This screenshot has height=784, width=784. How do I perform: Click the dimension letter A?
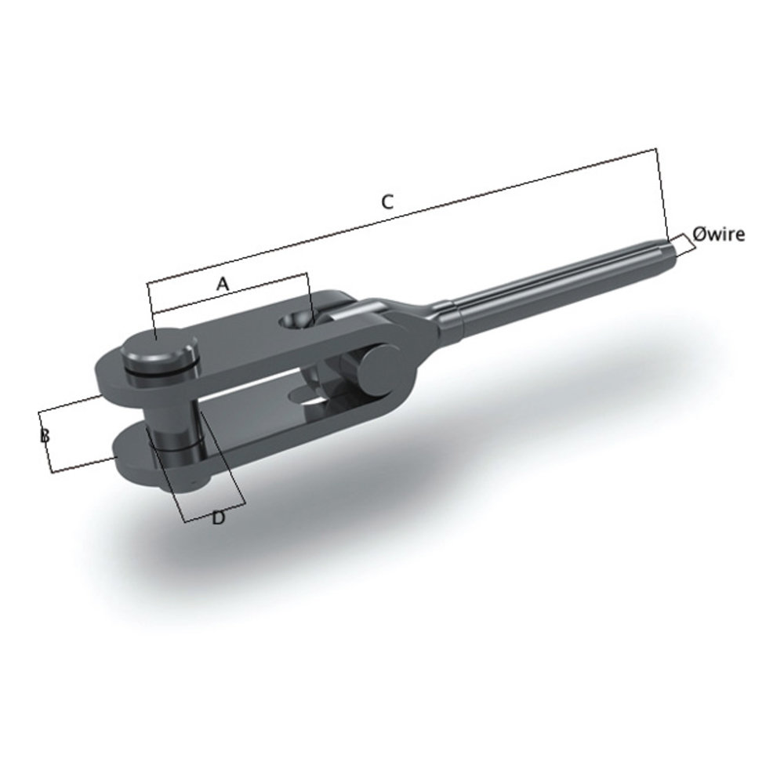point(223,285)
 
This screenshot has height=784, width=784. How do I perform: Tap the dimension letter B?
point(45,435)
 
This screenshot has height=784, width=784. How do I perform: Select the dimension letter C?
point(387,201)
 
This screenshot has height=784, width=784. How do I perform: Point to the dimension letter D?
point(219,517)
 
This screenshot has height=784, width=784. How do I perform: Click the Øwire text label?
point(718,234)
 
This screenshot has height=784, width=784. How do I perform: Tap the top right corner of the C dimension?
point(655,149)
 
